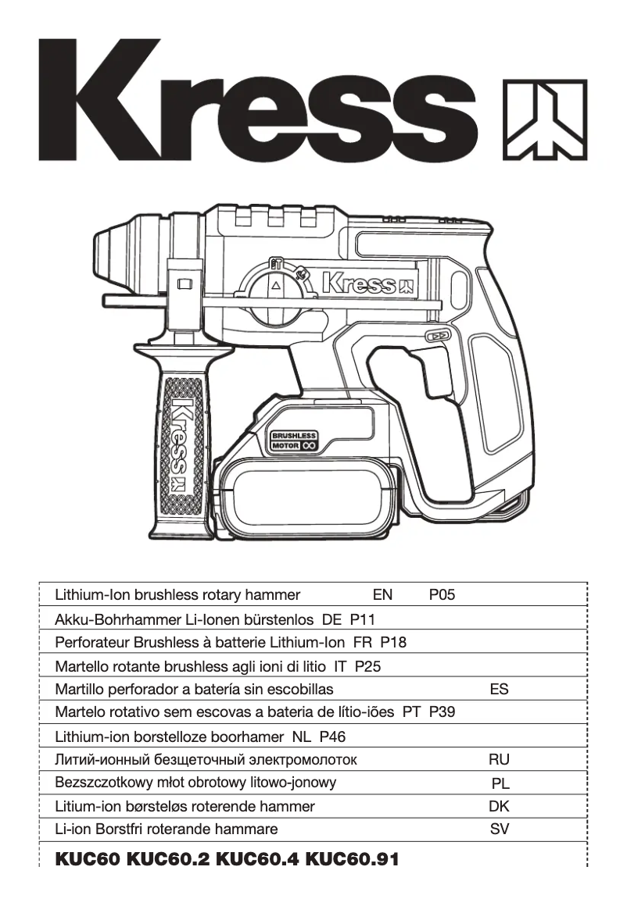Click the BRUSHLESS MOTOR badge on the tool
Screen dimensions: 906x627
click(x=293, y=441)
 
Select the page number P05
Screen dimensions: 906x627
click(x=442, y=595)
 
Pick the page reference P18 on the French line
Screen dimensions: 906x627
click(x=393, y=643)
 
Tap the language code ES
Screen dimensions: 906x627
click(x=499, y=690)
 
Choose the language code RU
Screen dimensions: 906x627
click(x=499, y=759)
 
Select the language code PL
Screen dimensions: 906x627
click(x=500, y=783)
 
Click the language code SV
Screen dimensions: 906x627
click(x=499, y=829)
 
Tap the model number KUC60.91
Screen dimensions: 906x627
click(x=351, y=860)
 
